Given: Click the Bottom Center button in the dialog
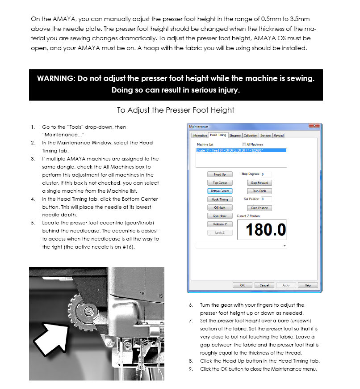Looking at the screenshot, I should click(220, 191).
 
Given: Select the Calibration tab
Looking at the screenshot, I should click(251, 135).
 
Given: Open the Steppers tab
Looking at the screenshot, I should click(235, 135).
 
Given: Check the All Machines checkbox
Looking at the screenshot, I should click(244, 144).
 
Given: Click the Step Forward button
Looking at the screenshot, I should click(259, 183).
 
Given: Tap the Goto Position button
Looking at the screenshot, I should click(259, 208).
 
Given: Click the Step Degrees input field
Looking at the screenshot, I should click(266, 174).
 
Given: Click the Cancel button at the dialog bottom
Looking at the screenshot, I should click(264, 285).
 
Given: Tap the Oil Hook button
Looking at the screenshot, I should click(220, 207).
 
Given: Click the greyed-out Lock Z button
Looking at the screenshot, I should click(220, 233).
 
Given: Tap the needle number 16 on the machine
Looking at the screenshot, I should click(142, 294).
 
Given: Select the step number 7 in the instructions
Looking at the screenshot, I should click(191, 321).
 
